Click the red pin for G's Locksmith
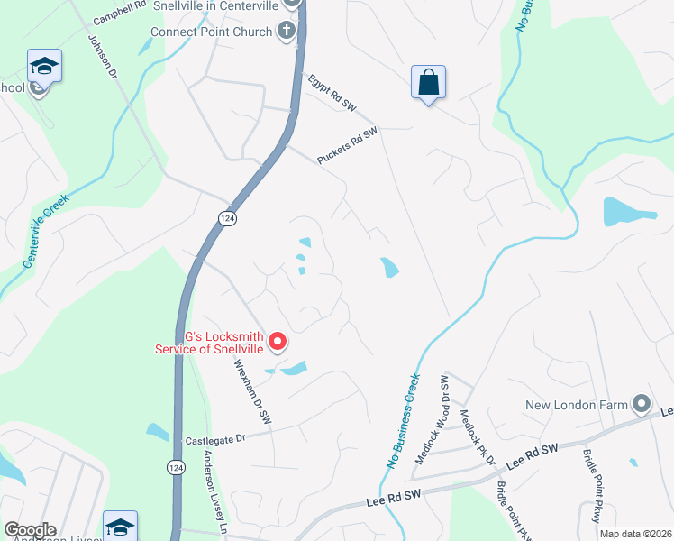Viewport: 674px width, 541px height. click(278, 342)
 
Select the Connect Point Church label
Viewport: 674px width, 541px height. click(211, 32)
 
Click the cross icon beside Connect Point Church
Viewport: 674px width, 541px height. click(287, 32)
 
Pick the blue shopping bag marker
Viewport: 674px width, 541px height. click(429, 82)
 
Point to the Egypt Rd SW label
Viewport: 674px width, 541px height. click(332, 93)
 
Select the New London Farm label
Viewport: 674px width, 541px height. click(577, 405)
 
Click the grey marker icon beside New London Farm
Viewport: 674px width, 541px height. click(641, 402)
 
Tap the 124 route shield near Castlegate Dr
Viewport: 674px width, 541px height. click(178, 467)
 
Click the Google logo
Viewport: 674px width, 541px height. click(30, 530)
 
